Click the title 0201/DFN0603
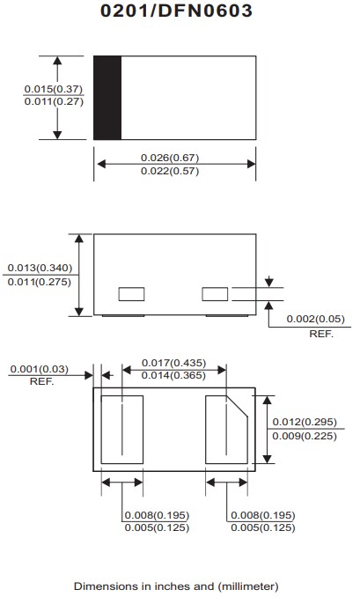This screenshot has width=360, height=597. pyautogui.click(x=176, y=11)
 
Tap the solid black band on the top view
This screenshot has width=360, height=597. pyautogui.click(x=107, y=98)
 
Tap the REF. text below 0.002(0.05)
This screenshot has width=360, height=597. pyautogui.click(x=322, y=335)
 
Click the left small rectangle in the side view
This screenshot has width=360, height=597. pyautogui.click(x=132, y=293)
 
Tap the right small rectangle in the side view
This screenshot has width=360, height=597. pyautogui.click(x=216, y=293)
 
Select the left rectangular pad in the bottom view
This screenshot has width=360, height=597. pyautogui.click(x=121, y=429)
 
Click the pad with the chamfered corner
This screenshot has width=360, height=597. pyautogui.click(x=228, y=429)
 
